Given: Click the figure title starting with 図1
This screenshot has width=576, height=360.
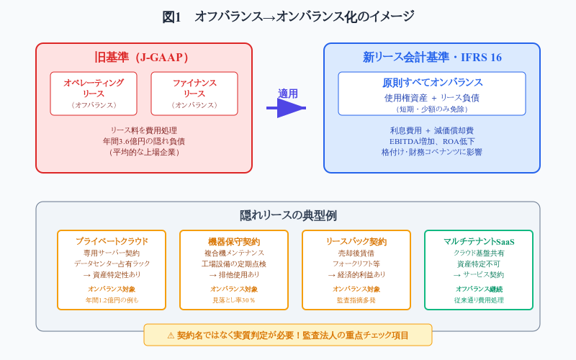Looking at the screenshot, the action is (x=288, y=17).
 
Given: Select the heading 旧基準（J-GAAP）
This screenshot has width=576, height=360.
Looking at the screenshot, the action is (x=141, y=58).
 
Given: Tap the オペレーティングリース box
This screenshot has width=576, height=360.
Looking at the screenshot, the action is (x=94, y=94).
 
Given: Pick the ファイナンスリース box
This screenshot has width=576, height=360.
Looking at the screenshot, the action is (x=194, y=94).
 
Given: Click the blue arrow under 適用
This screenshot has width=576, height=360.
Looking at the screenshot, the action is (x=286, y=108).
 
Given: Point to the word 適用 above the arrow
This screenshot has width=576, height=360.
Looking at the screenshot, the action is (x=287, y=94).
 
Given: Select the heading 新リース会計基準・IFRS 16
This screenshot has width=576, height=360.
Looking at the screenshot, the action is (x=432, y=58).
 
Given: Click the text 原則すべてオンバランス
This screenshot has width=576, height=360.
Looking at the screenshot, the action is (x=432, y=83).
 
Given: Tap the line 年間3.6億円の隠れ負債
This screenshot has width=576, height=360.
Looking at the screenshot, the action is (x=143, y=141).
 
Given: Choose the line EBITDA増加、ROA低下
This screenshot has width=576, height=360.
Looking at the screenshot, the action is (x=432, y=141).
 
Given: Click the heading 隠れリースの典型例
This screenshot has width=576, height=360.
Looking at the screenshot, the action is (x=288, y=215).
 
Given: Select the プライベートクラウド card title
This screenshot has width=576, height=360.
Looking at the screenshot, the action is (x=112, y=241).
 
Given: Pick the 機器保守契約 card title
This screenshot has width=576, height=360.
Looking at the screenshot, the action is (x=234, y=241).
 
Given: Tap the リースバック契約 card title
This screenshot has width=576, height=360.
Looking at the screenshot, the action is (x=356, y=241).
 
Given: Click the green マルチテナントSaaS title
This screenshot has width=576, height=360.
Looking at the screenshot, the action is (x=479, y=241).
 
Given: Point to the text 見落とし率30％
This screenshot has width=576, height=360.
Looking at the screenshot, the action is (x=234, y=300).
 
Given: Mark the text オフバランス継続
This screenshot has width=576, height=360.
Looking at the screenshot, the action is (x=479, y=289).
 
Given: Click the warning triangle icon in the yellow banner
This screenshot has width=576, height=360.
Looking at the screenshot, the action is (x=171, y=336).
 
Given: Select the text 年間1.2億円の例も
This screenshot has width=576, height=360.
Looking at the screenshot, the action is (x=112, y=300).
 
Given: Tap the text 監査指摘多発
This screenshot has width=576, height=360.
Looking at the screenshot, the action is (x=356, y=300).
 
